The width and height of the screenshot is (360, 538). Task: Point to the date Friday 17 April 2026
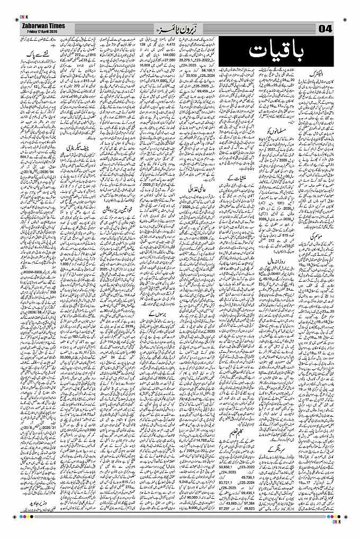[40, 31]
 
